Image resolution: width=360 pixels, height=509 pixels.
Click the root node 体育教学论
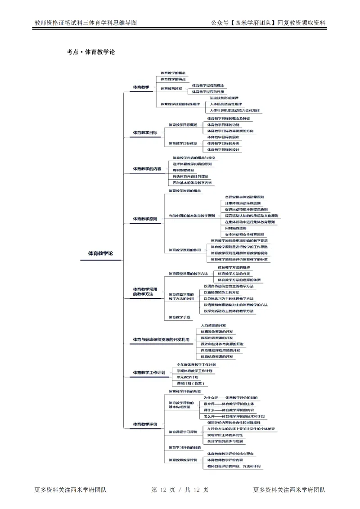coord(100,253)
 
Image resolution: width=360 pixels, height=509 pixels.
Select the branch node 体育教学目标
coord(145,133)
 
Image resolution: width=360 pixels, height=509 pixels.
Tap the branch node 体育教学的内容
coord(147,169)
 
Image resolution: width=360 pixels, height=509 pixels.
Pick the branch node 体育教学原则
coord(145,219)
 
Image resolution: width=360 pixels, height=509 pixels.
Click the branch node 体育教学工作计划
coord(149,373)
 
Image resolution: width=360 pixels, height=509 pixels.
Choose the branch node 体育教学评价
coord(145,424)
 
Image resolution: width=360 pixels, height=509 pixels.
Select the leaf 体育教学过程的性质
coord(208,91)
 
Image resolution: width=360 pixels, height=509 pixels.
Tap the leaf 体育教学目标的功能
coord(223,125)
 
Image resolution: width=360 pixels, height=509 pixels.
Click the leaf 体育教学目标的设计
coord(223,149)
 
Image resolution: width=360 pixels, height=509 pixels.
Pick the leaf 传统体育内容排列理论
coord(190,176)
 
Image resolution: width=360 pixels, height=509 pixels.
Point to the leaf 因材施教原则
coord(235,228)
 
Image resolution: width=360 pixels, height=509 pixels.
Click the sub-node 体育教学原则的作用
coord(184,249)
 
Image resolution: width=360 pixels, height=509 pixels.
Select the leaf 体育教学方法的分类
coord(234,274)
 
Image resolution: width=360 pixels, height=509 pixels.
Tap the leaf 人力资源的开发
coord(213,325)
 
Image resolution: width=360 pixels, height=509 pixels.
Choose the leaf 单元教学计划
coord(187,377)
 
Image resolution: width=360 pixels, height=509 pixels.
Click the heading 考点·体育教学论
coord(90,52)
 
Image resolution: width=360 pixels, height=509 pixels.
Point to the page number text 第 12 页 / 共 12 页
coord(180,490)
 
